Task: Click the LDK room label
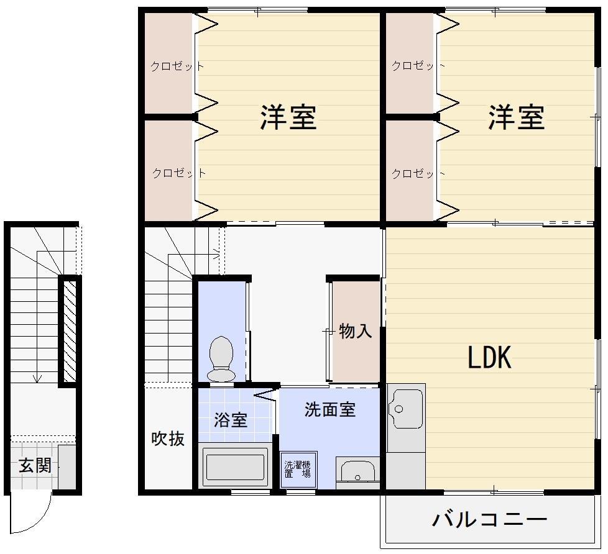coord(489,358)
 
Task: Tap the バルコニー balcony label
coord(490,519)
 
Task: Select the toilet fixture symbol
coord(221,359)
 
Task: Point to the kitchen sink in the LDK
coord(405,409)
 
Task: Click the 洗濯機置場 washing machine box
coord(298,469)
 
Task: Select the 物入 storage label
coord(356,331)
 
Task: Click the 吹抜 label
coord(168,438)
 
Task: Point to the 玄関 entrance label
coord(35,465)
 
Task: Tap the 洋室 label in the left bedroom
coord(288,117)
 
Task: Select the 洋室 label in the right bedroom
coord(516,117)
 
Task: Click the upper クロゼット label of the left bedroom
coord(177,66)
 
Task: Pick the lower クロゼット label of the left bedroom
coord(178,173)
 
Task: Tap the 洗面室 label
coord(329,410)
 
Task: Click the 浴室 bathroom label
coord(231,420)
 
